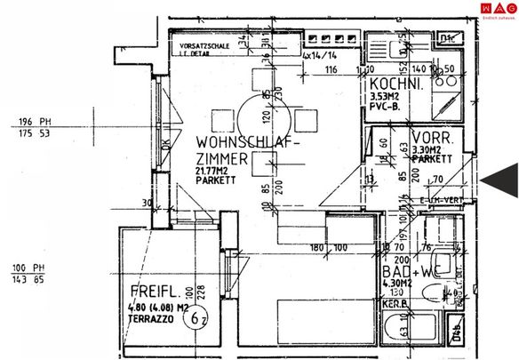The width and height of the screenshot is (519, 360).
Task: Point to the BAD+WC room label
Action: (407, 271)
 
